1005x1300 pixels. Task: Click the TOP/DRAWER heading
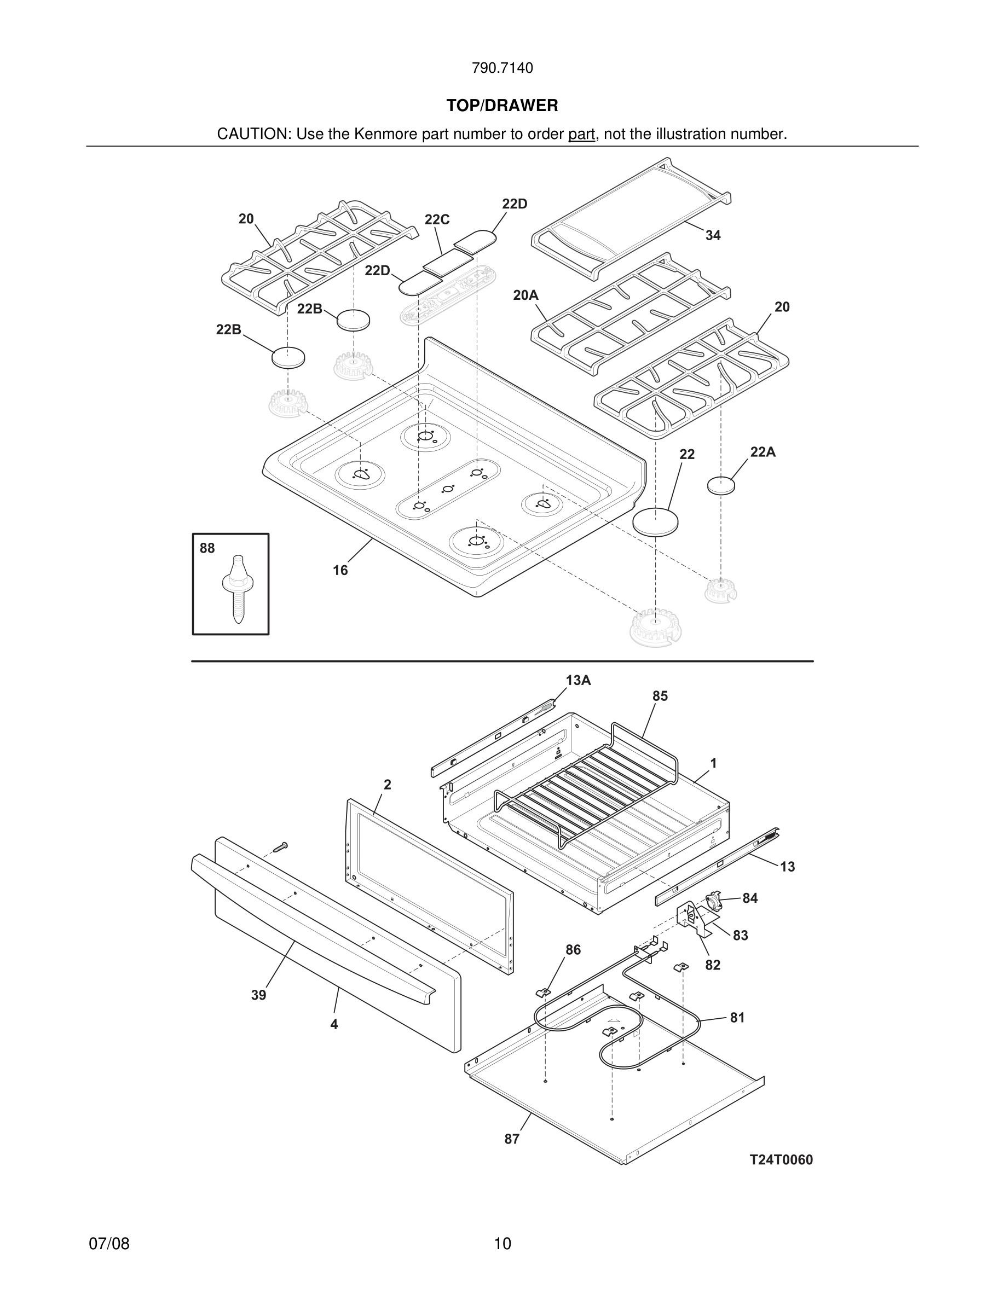click(x=502, y=106)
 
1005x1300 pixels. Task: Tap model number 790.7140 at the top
click(x=502, y=68)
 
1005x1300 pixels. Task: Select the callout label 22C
click(x=436, y=219)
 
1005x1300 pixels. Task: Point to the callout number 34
click(x=713, y=236)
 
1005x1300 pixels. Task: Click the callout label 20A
click(x=525, y=295)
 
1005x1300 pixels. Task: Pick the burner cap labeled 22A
click(x=720, y=485)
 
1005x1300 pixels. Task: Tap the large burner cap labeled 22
click(x=655, y=522)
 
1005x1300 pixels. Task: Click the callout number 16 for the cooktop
click(x=340, y=570)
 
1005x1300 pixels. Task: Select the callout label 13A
click(x=578, y=680)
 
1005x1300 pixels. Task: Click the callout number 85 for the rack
click(x=660, y=696)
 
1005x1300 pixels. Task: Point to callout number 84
click(x=749, y=898)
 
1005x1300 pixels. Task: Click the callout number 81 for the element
click(x=737, y=1018)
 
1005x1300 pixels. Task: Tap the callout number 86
click(x=573, y=950)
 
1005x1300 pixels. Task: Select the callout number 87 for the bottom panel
click(x=512, y=1139)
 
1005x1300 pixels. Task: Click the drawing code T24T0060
click(x=781, y=1159)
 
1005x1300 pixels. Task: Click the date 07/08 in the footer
click(x=109, y=1244)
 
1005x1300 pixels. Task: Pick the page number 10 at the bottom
click(x=502, y=1244)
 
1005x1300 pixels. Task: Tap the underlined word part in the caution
click(x=581, y=135)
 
